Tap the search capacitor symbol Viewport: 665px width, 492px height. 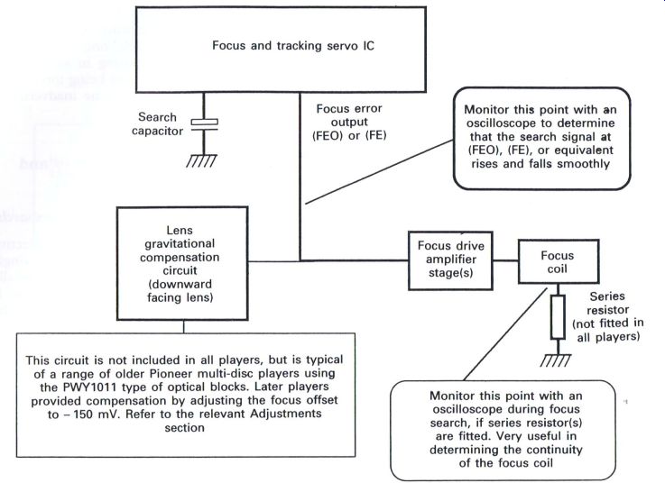coord(204,125)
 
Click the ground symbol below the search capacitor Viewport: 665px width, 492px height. coord(201,160)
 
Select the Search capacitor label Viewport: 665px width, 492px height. coord(157,124)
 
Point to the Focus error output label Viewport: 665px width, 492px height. coord(349,122)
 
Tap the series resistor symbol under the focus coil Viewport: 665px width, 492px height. coord(558,317)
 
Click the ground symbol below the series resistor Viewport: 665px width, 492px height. coord(556,360)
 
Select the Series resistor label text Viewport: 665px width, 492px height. coord(608,316)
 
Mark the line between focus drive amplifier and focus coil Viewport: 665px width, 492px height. coord(505,260)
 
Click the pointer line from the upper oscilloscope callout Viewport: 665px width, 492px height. coord(380,172)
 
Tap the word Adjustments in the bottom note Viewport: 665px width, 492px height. coord(286,414)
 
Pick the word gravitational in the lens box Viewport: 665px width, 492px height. coord(180,244)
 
